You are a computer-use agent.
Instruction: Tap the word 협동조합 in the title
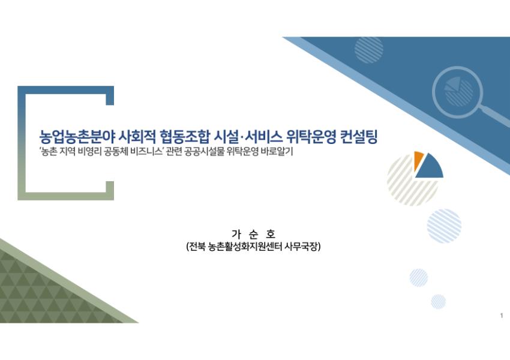184,137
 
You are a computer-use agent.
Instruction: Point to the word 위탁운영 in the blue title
311,137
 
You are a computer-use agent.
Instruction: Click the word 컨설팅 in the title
359,137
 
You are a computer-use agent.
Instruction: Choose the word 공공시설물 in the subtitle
204,152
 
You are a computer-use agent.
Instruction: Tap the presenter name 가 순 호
253,234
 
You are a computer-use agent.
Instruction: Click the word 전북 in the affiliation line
196,247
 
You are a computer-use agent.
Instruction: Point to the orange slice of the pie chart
418,160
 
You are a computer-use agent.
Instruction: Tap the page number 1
502,316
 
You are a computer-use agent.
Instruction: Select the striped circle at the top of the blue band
368,49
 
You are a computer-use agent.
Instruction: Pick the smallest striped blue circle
438,301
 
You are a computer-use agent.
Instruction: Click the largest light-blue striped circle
444,226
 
